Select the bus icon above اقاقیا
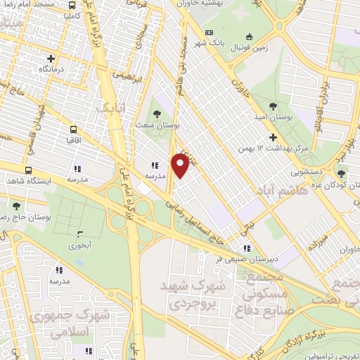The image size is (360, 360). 73,129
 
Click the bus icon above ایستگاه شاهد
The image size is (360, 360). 28,169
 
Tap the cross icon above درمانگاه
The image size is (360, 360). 51,59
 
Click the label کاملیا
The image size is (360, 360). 78,14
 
